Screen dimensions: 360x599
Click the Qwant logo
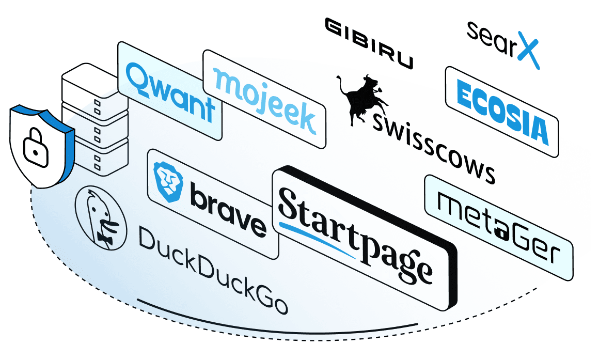(170, 93)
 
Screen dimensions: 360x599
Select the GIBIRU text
(368, 44)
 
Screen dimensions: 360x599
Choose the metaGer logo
(499, 227)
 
